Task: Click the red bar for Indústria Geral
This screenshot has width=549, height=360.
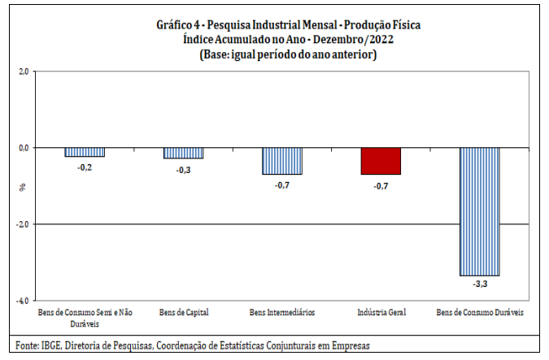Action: coord(381,161)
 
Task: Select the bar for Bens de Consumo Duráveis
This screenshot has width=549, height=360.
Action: coord(480,211)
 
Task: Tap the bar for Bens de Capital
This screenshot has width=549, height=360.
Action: coord(183,153)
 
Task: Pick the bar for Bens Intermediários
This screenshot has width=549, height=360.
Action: coord(282,161)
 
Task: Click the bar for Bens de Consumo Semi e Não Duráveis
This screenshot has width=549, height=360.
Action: coord(85,152)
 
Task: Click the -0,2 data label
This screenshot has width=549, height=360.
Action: coord(85,167)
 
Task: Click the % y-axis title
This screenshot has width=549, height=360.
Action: coord(23,186)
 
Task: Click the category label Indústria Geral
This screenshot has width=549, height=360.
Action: coord(381,312)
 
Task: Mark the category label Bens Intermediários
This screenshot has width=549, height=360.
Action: coord(282,312)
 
